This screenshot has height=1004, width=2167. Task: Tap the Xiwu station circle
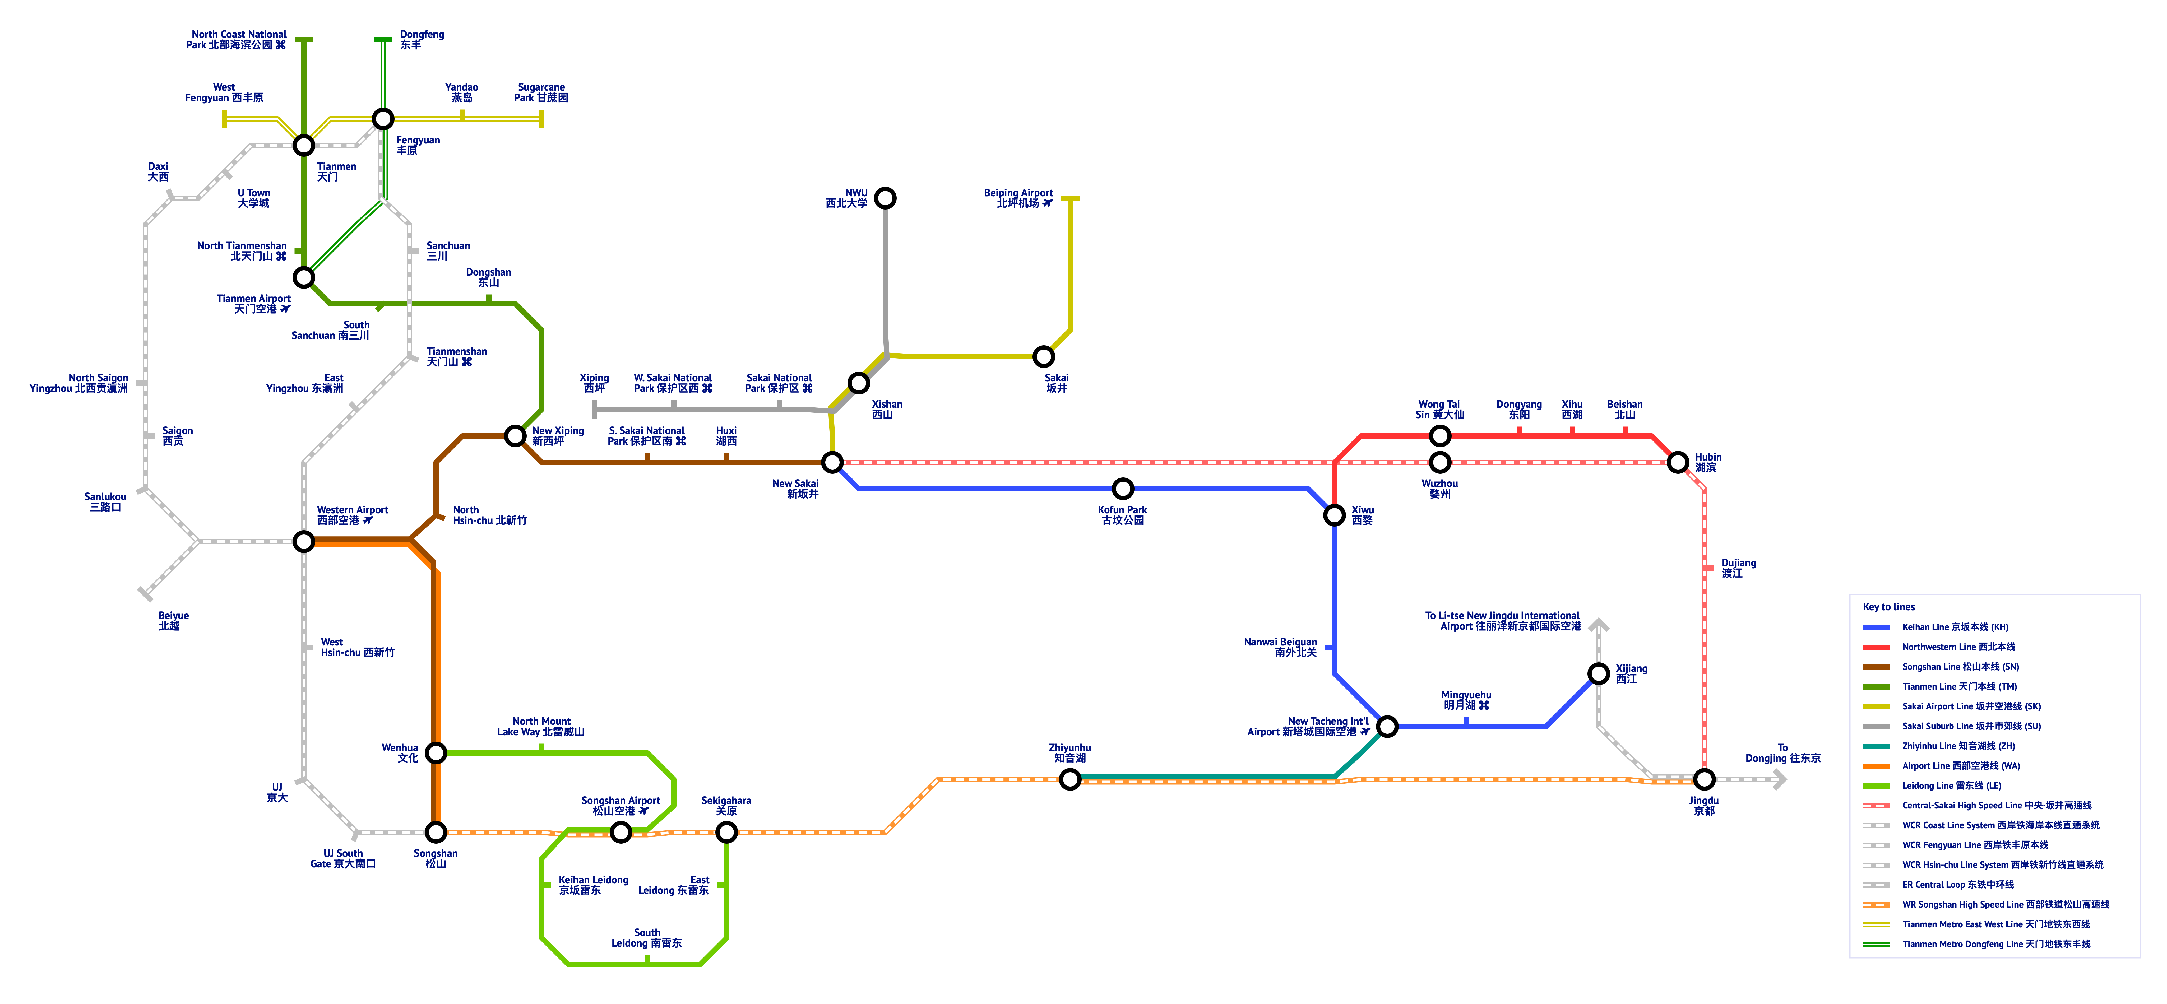(x=1334, y=515)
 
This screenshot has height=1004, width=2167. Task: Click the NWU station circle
(x=885, y=198)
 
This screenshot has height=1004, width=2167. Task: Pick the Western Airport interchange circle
(x=304, y=542)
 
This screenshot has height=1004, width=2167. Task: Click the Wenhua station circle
(x=436, y=752)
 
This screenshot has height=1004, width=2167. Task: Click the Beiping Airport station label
(x=1019, y=198)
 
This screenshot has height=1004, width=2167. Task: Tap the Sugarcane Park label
(x=541, y=92)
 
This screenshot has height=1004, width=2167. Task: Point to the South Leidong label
(x=647, y=938)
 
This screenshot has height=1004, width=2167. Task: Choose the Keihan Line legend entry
(x=1954, y=627)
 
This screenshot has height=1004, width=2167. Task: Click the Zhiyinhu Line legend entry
(x=1957, y=746)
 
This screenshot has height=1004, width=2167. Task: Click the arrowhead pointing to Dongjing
(x=1779, y=779)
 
